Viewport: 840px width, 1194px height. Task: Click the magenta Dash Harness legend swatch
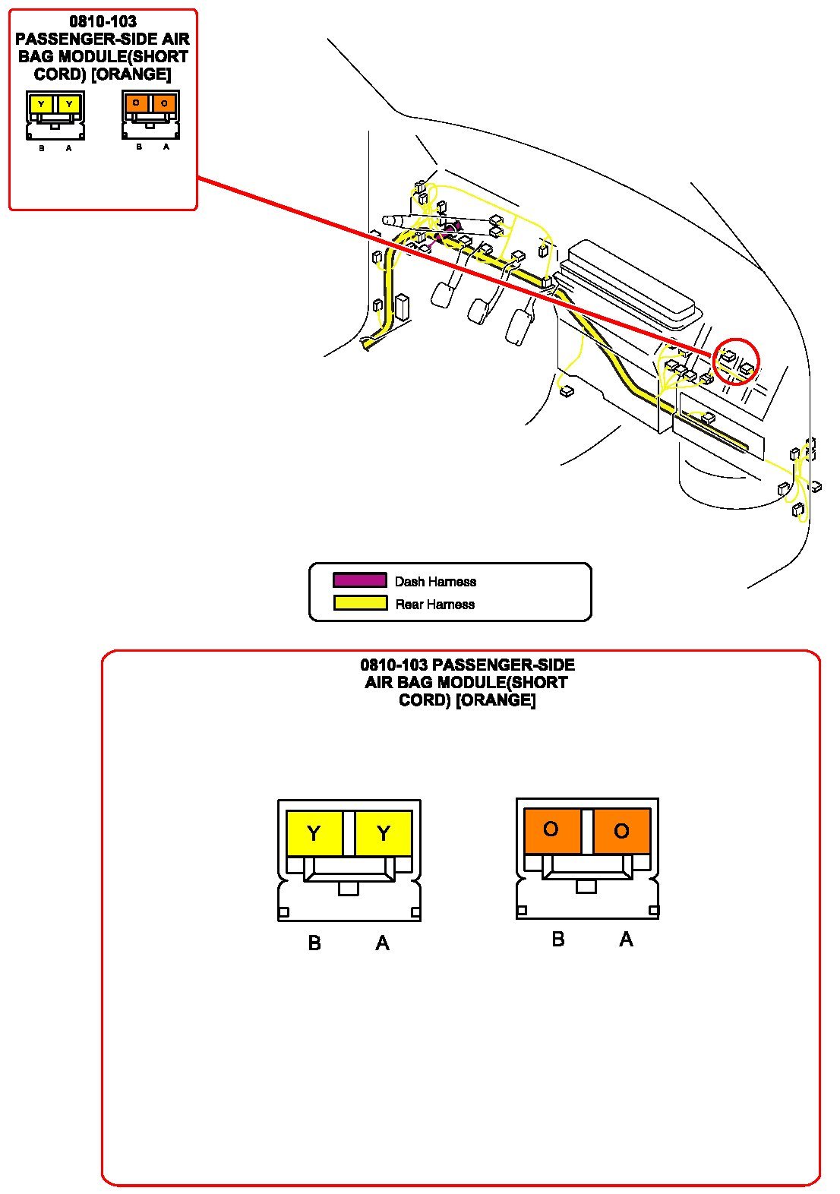click(359, 580)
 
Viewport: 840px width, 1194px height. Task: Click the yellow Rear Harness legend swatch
click(359, 603)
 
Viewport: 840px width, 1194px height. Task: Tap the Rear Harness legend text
click(434, 604)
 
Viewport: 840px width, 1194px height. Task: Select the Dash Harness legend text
click(435, 581)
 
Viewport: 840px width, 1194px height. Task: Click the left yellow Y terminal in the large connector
click(314, 833)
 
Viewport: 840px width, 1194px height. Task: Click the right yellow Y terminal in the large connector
click(384, 833)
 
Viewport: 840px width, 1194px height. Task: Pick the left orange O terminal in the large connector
click(552, 829)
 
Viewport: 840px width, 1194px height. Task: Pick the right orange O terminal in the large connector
click(621, 830)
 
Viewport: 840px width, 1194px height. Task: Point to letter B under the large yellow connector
click(314, 943)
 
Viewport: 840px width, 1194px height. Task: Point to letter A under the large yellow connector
click(383, 943)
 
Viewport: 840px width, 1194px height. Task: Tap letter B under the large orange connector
click(558, 940)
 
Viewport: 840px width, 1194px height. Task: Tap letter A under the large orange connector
click(626, 940)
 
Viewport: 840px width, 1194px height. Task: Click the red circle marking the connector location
click(736, 361)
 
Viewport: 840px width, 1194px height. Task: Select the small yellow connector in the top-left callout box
click(55, 115)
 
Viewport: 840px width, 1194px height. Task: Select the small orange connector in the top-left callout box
click(150, 114)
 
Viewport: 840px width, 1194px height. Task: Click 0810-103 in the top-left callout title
click(103, 21)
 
